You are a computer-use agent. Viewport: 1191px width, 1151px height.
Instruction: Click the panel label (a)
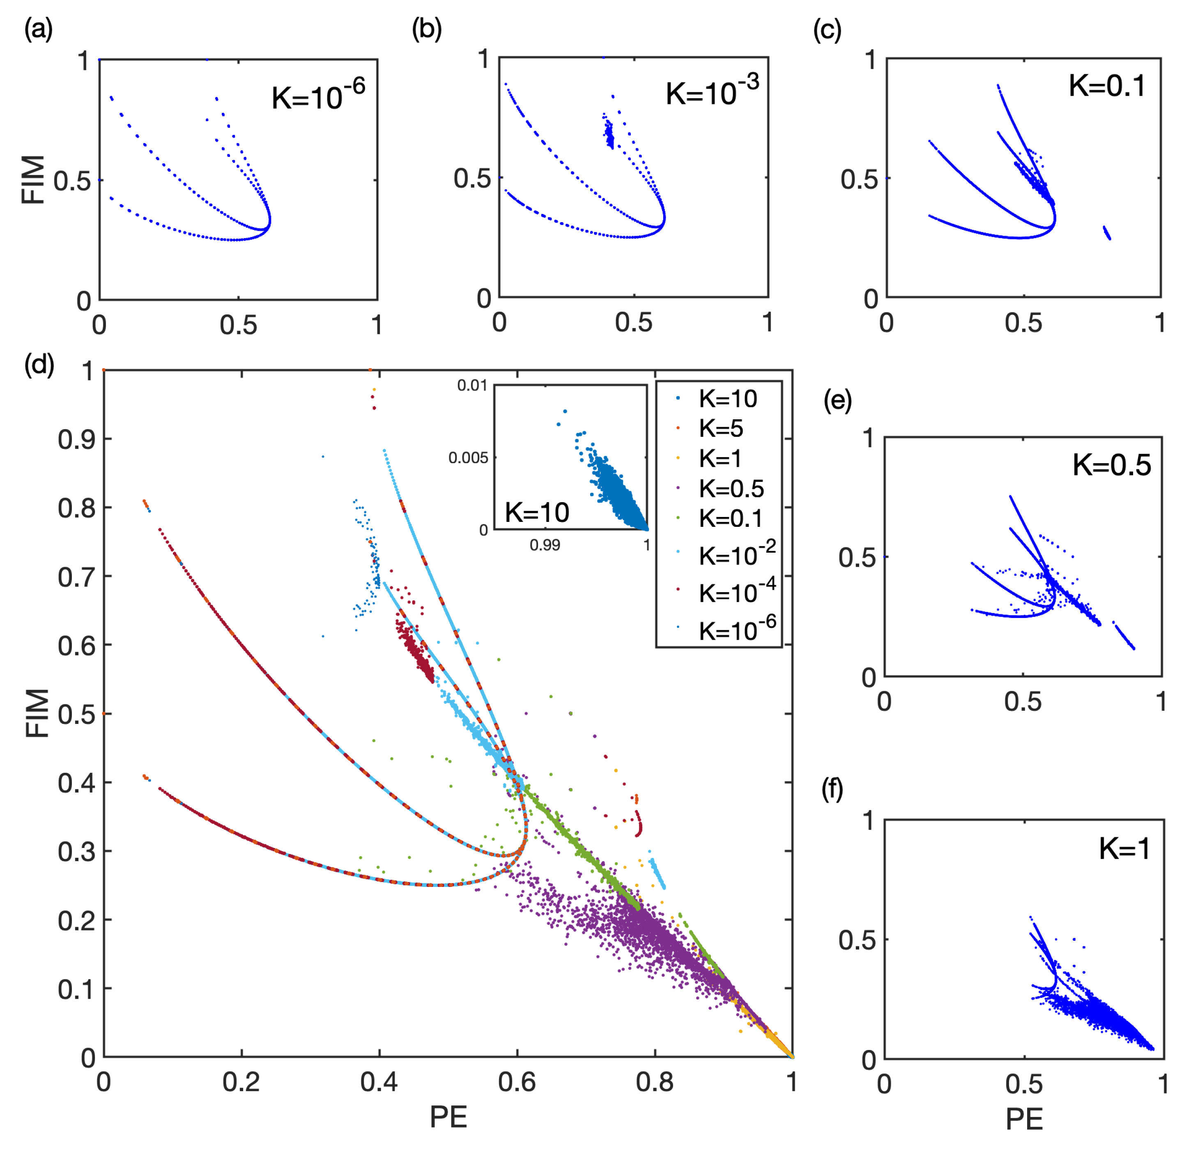pyautogui.click(x=38, y=29)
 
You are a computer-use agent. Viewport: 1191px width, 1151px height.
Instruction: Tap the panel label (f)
pyautogui.click(x=832, y=789)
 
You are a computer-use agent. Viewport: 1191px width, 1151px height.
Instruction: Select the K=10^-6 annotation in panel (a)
pyautogui.click(x=318, y=96)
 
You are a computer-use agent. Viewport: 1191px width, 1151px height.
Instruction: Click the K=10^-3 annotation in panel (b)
pyautogui.click(x=712, y=92)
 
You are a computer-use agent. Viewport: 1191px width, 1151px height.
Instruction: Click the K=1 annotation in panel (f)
pyautogui.click(x=1124, y=848)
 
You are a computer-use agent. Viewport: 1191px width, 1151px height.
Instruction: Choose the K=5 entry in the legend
pyautogui.click(x=720, y=428)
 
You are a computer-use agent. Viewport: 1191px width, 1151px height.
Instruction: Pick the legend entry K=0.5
pyautogui.click(x=730, y=488)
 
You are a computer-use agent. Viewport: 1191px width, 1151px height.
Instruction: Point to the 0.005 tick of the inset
pyautogui.click(x=468, y=457)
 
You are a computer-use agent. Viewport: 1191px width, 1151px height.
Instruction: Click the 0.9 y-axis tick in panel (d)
pyautogui.click(x=76, y=439)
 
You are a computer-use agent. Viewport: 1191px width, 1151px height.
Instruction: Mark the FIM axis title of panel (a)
pyautogui.click(x=33, y=180)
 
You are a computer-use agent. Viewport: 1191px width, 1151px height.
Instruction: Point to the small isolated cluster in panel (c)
pyautogui.click(x=1106, y=233)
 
